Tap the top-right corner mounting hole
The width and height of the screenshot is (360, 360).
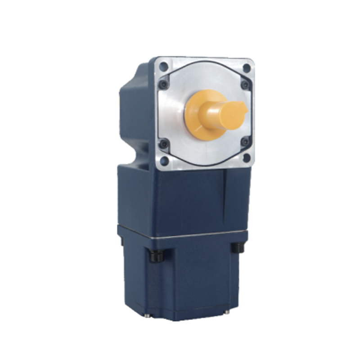coord(246,68)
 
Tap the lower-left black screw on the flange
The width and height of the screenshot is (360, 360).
coord(164,144)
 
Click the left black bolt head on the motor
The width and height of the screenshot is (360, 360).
coord(156,256)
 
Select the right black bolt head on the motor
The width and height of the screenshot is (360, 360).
coord(237,247)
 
